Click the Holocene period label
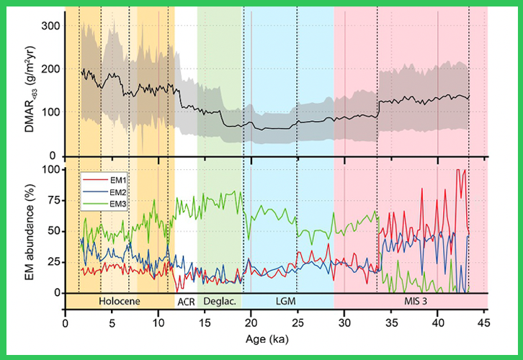tap(118, 300)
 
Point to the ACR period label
tap(186, 300)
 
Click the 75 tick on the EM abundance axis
tap(52, 201)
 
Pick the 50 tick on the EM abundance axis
tap(52, 231)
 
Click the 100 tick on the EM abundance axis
tap(49, 170)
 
